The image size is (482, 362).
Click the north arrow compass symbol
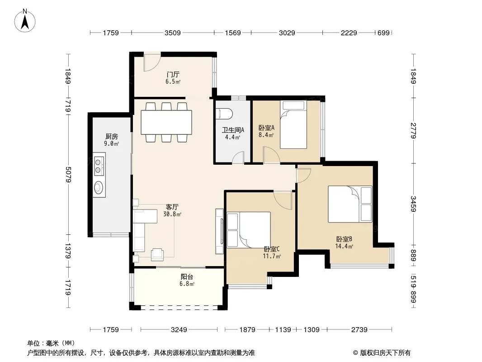(x=25, y=21)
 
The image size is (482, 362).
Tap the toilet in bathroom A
(x=224, y=114)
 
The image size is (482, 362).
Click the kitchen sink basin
(x=99, y=187)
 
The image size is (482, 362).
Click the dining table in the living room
(x=166, y=122)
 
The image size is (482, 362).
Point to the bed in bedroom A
(x=293, y=124)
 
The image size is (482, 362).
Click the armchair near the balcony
(x=157, y=254)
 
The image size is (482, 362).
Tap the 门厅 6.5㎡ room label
(x=173, y=78)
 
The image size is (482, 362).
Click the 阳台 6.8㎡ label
(x=187, y=280)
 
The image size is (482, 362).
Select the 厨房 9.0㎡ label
(x=111, y=140)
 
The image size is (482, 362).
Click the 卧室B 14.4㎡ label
(x=344, y=243)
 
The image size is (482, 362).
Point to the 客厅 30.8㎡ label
(x=172, y=210)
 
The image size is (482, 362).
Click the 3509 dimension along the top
(x=172, y=33)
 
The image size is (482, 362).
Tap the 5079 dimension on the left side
(x=68, y=174)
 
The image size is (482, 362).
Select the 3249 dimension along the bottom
(x=179, y=330)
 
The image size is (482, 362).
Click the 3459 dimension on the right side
(x=413, y=204)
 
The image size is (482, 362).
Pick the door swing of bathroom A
(x=238, y=157)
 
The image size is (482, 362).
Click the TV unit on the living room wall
(x=219, y=231)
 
